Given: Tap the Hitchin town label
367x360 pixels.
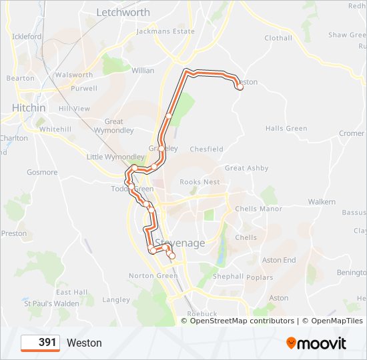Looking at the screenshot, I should pos(29,108).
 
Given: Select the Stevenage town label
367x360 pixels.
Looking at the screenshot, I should pos(180,243).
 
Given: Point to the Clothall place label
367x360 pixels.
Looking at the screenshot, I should pos(278,38).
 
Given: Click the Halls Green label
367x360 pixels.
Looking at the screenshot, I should pos(286,129).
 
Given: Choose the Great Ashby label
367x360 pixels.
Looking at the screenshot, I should pos(246,169).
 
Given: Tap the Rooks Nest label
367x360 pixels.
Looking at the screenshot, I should pos(200,182).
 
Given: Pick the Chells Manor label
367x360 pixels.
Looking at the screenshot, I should pos(259,209).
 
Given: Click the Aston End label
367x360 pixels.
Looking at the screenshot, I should pos(279,260).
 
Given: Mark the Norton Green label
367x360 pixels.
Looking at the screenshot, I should pos(153,276).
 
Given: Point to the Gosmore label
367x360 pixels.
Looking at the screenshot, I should pos(42,173).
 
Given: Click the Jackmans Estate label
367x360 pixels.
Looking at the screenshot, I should pos(165,31).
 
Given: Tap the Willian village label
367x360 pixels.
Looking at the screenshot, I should pos(143,71).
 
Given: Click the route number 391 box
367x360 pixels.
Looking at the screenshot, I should pos(41,343).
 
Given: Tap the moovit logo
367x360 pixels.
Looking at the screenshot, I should pos(316,343).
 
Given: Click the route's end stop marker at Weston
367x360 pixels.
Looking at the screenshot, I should pos(239,85).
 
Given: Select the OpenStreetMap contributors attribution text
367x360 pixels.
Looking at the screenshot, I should pos(237,321).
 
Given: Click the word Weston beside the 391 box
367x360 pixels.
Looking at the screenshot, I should pos(84,343).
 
